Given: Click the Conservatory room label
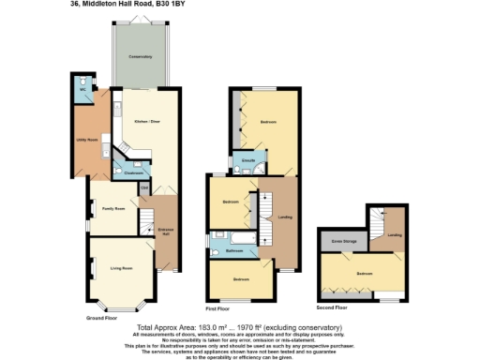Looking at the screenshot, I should click(x=141, y=57).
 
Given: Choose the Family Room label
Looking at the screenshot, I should click(x=113, y=207).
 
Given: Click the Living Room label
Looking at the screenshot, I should click(x=121, y=268).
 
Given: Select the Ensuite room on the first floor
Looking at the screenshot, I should click(x=249, y=161).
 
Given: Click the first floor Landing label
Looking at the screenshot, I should click(x=285, y=217).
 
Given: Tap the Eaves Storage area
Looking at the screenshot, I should click(x=344, y=242).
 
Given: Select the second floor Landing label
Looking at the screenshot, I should click(x=395, y=234).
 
